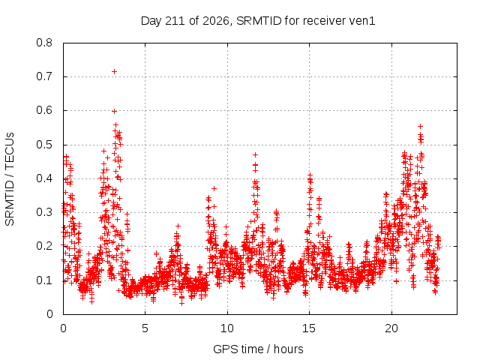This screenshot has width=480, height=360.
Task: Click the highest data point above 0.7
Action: coord(115,72)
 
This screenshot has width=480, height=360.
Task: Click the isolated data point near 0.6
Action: coord(115,112)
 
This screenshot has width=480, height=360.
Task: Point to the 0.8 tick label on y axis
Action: coord(44,43)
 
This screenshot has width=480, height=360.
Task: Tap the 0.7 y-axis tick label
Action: coord(44,76)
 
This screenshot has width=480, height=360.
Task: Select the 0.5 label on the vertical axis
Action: coord(44,145)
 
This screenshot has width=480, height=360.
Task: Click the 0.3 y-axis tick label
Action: coord(44,212)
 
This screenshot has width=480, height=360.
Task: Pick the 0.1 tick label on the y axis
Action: coord(44,280)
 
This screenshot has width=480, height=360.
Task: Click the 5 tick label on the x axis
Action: coord(145,328)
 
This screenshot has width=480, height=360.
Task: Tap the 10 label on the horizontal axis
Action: coord(227,328)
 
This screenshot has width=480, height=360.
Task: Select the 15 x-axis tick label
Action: coord(309,328)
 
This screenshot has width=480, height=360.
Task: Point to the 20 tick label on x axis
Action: coord(391,328)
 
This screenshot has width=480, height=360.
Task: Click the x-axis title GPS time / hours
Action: coord(258,349)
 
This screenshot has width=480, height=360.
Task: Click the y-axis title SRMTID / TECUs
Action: coord(10,179)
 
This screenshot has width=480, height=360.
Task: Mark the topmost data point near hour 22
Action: coord(421,127)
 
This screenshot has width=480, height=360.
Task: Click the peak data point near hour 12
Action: coord(255,155)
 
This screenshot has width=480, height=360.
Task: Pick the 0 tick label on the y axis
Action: coord(49,314)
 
